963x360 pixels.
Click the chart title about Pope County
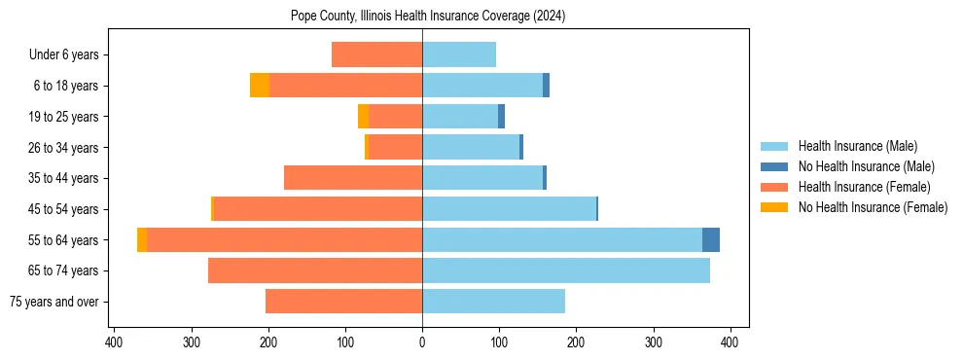(x=428, y=17)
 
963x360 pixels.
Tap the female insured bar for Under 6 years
(x=376, y=54)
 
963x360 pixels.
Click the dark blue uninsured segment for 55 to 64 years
(x=711, y=239)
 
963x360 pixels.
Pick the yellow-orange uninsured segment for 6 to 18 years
(x=260, y=86)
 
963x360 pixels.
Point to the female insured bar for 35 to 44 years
(x=353, y=178)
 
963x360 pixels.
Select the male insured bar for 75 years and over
(x=493, y=302)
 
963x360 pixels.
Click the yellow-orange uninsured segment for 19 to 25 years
(x=363, y=117)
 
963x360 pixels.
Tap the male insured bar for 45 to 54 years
(x=509, y=209)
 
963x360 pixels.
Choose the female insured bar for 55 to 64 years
(x=284, y=239)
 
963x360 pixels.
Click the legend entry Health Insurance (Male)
(x=857, y=146)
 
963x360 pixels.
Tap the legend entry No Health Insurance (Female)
(x=873, y=207)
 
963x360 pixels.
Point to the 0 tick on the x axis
(x=422, y=342)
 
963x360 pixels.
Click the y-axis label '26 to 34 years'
(x=66, y=148)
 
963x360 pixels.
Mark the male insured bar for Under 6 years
(x=459, y=54)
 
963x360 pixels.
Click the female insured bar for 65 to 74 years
(x=315, y=270)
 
